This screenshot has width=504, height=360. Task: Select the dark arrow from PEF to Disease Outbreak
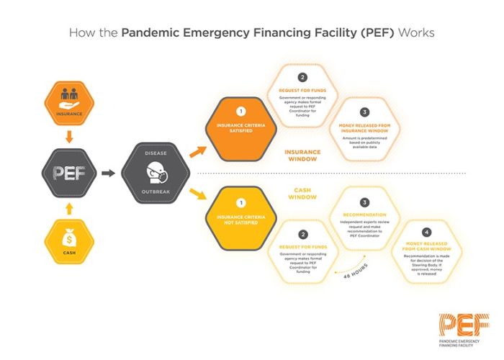tap(108, 173)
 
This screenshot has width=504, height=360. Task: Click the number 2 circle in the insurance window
tap(302, 78)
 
